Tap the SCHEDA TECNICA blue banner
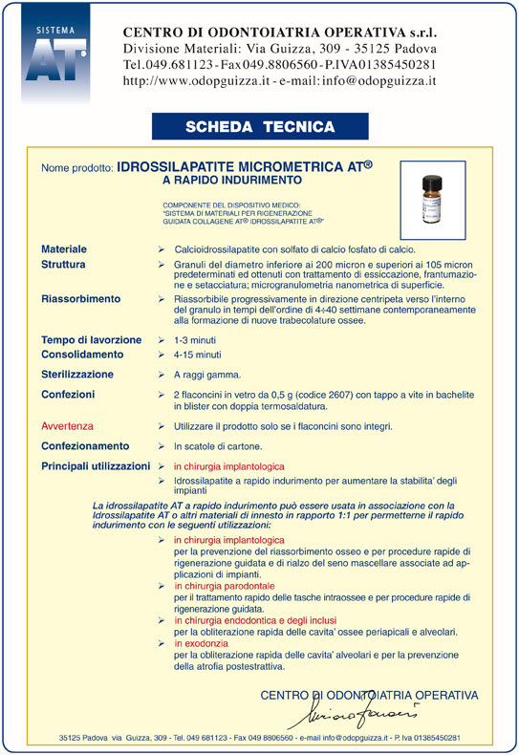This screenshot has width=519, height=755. pos(259,127)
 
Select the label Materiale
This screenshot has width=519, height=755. pos(64,248)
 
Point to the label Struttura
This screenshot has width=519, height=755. pos(63,264)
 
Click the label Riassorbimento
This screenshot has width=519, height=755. pos(80,299)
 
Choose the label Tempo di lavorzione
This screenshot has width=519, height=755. pos(91,340)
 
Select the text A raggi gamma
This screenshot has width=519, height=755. pos(207,375)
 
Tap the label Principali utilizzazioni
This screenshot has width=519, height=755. pos(96,466)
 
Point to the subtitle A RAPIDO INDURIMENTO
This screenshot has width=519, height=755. pos(232,179)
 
